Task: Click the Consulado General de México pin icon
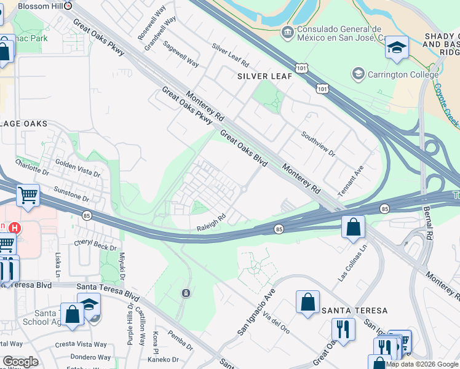pos(287,31)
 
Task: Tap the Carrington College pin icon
pos(357,74)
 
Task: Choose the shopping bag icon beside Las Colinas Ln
pos(353,227)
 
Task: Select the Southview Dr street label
pos(318,143)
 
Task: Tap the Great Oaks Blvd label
pos(244,148)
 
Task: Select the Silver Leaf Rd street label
pos(230,55)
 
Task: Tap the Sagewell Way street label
pos(181,54)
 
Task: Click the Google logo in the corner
pos(20,362)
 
